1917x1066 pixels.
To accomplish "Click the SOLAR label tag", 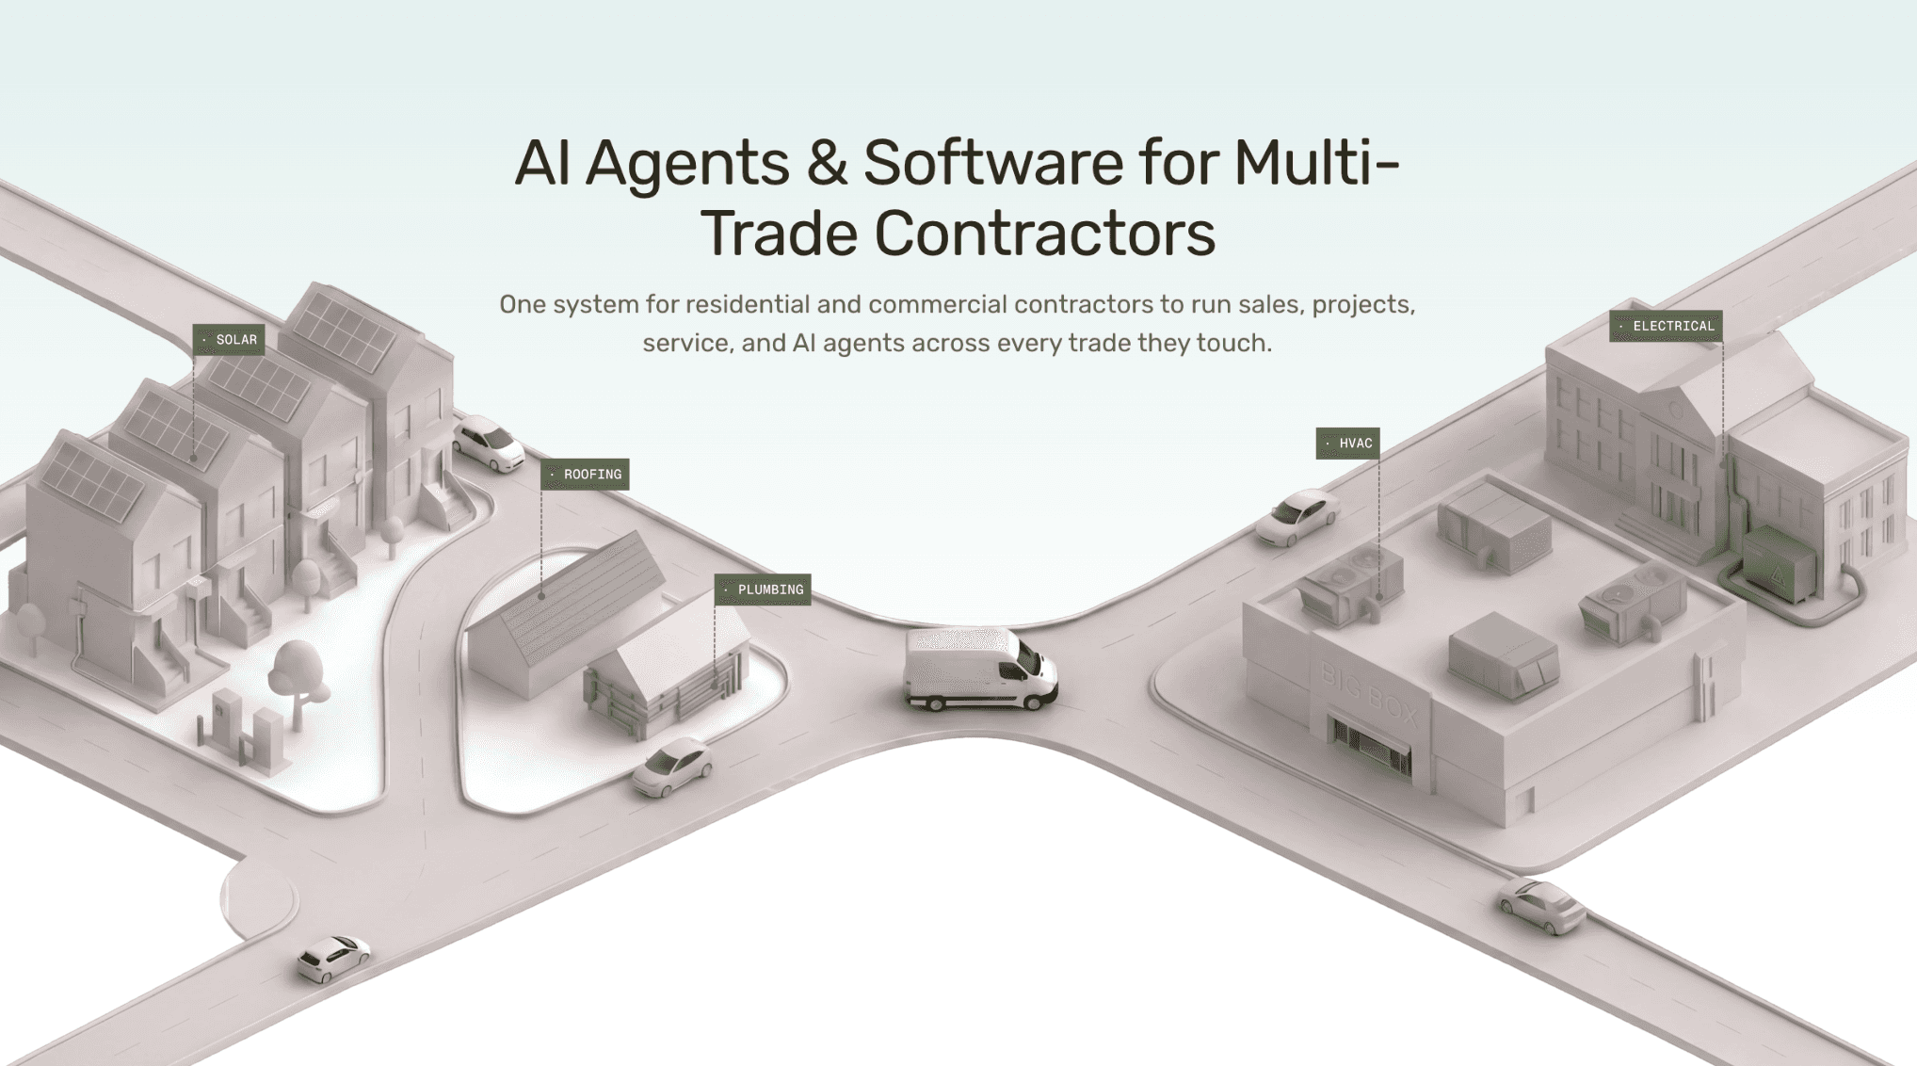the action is [x=229, y=340].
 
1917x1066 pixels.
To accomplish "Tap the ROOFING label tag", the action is [x=585, y=475].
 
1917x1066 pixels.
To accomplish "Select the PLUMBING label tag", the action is [x=763, y=590].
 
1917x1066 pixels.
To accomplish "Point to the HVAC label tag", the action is [x=1348, y=444].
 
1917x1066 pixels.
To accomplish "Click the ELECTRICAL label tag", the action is [x=1666, y=326].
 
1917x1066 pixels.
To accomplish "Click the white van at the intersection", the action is [x=980, y=669].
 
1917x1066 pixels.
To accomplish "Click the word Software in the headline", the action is [x=993, y=162].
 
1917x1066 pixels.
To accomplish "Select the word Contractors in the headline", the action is [x=1045, y=234].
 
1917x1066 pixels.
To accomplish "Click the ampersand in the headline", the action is [x=828, y=162].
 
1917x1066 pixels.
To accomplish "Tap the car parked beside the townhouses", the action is [x=489, y=443].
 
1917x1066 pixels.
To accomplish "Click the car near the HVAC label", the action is [x=1297, y=517].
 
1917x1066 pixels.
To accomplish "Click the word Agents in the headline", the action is [x=687, y=164].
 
